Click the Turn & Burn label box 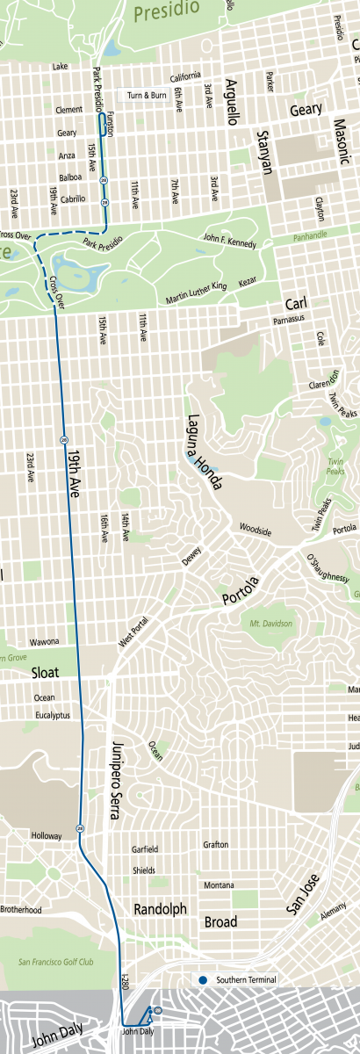(148, 95)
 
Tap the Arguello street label (232, 91)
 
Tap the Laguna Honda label (204, 451)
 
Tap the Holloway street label (47, 835)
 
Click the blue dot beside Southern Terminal (202, 980)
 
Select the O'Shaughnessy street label (327, 567)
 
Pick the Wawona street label (45, 642)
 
